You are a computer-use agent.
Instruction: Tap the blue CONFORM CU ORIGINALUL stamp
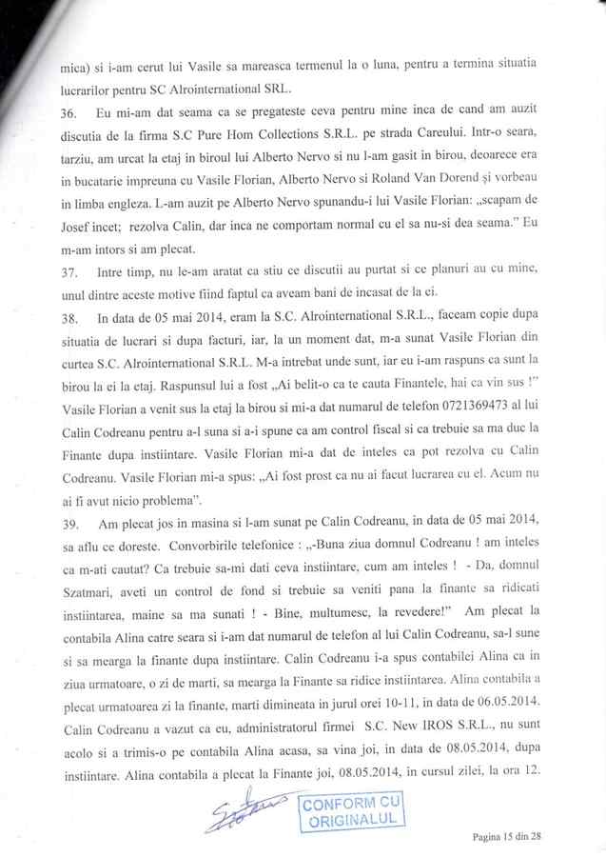click(353, 812)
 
